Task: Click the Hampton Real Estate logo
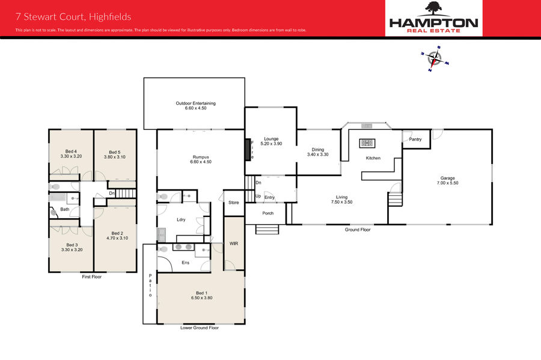pos(433,17)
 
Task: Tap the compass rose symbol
pos(435,59)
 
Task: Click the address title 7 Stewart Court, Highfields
pos(73,17)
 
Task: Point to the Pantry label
pos(415,139)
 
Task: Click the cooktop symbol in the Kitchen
pos(367,143)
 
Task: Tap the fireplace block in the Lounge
pos(248,150)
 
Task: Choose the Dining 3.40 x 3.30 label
pos(318,152)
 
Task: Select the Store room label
pos(234,203)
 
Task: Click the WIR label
pos(234,243)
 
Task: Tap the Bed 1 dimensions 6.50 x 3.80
pos(202,297)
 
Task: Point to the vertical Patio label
pos(150,285)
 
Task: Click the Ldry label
pos(181,219)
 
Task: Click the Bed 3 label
pos(72,245)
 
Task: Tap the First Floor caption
pos(92,276)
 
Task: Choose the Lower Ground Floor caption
pos(200,328)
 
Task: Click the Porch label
pos(267,213)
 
